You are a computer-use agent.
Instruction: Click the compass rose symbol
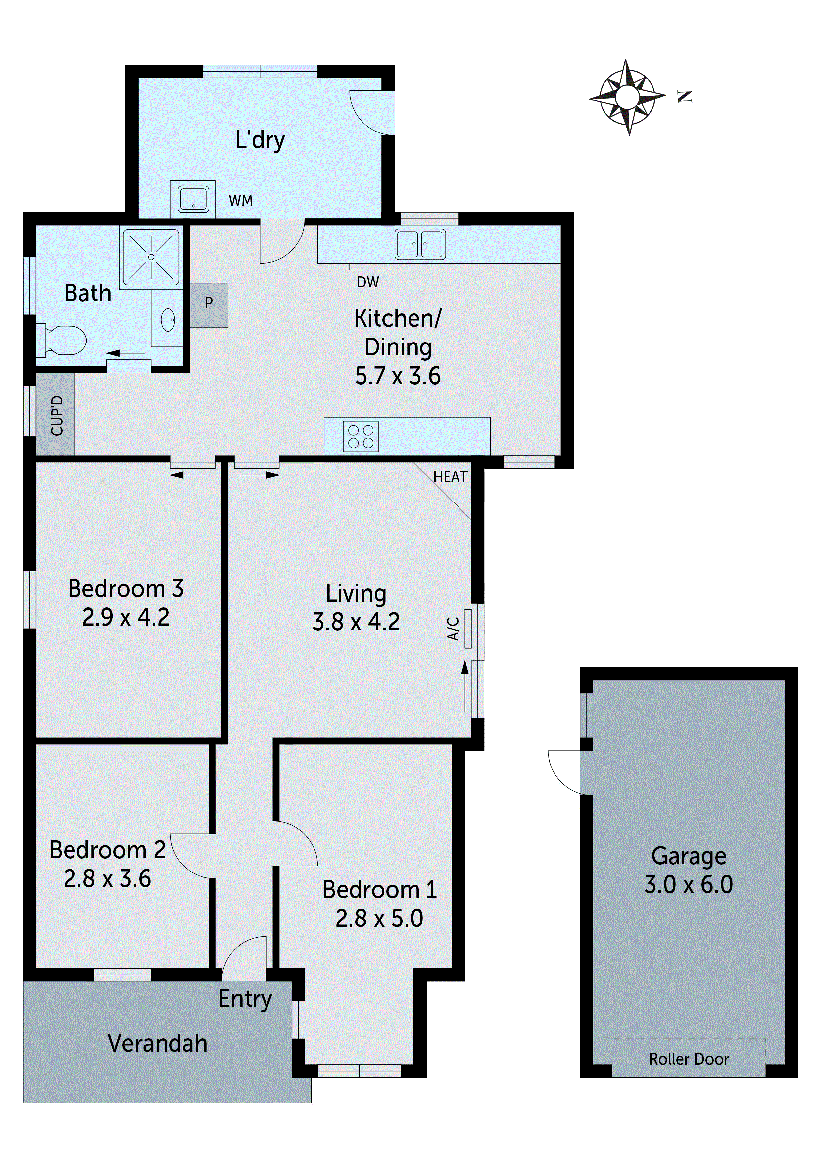tap(627, 96)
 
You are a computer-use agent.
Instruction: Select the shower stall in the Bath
tap(151, 257)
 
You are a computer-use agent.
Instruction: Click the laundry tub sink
tap(193, 199)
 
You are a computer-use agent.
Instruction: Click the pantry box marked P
tap(209, 304)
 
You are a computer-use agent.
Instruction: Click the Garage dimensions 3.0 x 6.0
tap(689, 898)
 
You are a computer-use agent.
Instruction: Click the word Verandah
tap(157, 1043)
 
